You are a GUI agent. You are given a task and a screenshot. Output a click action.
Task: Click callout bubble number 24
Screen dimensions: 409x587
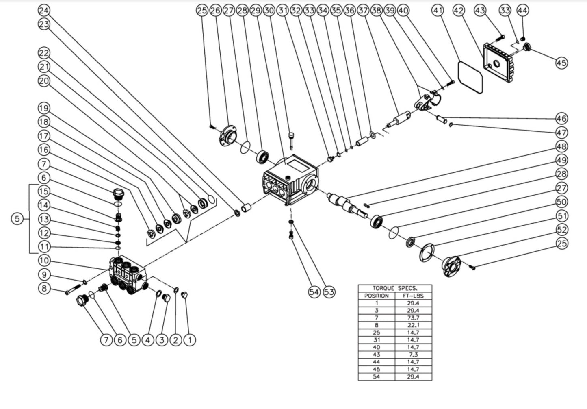click(x=44, y=10)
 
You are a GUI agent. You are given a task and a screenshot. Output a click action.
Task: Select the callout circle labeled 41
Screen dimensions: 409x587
click(x=438, y=11)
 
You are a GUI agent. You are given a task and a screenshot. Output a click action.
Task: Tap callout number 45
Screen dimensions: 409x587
click(x=561, y=63)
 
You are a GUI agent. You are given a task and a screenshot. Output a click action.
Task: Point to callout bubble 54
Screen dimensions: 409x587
click(x=314, y=292)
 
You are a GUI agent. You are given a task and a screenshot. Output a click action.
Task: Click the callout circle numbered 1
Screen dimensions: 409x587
click(x=189, y=339)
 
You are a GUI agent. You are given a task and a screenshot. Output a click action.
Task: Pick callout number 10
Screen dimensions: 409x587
click(x=44, y=261)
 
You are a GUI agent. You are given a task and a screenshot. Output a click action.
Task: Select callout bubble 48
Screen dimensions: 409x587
click(x=561, y=146)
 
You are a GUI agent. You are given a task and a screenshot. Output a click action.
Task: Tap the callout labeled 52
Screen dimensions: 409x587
click(x=561, y=230)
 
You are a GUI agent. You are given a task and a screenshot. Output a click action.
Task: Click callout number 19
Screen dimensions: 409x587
click(x=44, y=108)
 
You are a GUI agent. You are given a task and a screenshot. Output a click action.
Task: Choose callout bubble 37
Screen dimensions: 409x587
click(x=363, y=11)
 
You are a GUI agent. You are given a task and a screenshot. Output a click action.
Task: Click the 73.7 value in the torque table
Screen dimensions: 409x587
click(x=413, y=318)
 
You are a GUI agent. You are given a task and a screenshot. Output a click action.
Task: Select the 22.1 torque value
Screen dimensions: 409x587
click(x=413, y=325)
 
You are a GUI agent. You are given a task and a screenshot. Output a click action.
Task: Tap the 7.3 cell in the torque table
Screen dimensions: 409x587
click(x=413, y=355)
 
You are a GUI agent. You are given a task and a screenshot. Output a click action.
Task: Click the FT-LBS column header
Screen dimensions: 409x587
click(x=413, y=296)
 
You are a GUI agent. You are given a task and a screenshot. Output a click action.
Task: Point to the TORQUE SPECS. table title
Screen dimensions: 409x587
click(x=395, y=288)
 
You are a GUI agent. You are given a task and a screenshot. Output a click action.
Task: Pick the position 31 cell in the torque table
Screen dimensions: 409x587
click(x=377, y=340)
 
